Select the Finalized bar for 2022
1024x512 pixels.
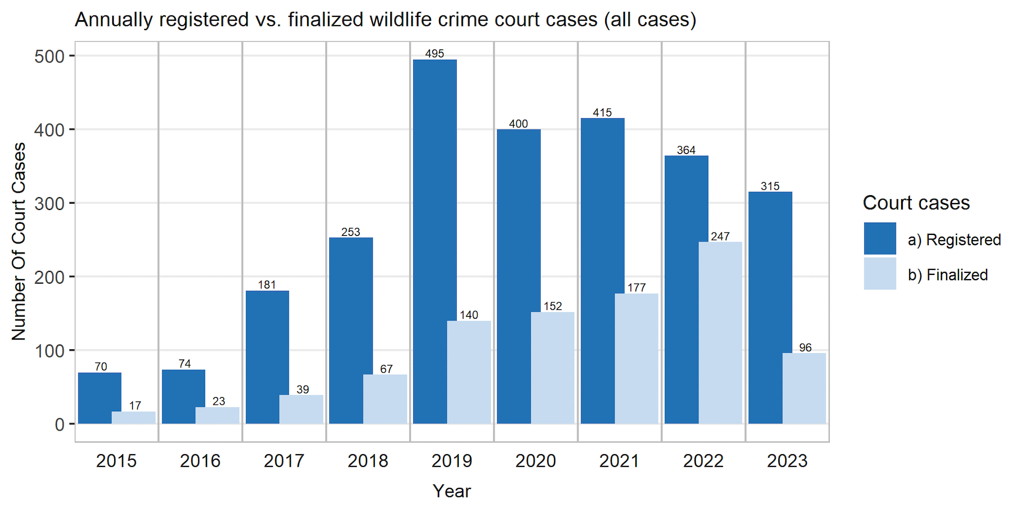[x=720, y=333]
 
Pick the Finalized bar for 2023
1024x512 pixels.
[x=804, y=388]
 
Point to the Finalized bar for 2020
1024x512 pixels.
[x=553, y=368]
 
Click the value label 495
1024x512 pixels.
[x=435, y=54]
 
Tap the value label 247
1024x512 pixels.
[x=720, y=237]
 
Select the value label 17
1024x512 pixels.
[x=135, y=406]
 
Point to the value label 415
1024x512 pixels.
[x=603, y=113]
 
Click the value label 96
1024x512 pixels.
[x=805, y=348]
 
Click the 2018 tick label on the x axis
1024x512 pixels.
[x=368, y=461]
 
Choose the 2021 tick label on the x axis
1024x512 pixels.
[x=620, y=461]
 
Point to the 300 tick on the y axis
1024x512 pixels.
[x=50, y=203]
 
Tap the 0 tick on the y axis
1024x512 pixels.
[x=59, y=424]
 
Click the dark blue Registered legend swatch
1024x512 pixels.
[x=880, y=239]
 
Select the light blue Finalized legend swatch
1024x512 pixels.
[x=880, y=274]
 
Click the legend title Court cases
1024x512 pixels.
[x=916, y=203]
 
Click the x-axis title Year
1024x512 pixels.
[x=452, y=491]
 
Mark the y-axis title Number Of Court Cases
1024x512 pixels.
[x=19, y=241]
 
